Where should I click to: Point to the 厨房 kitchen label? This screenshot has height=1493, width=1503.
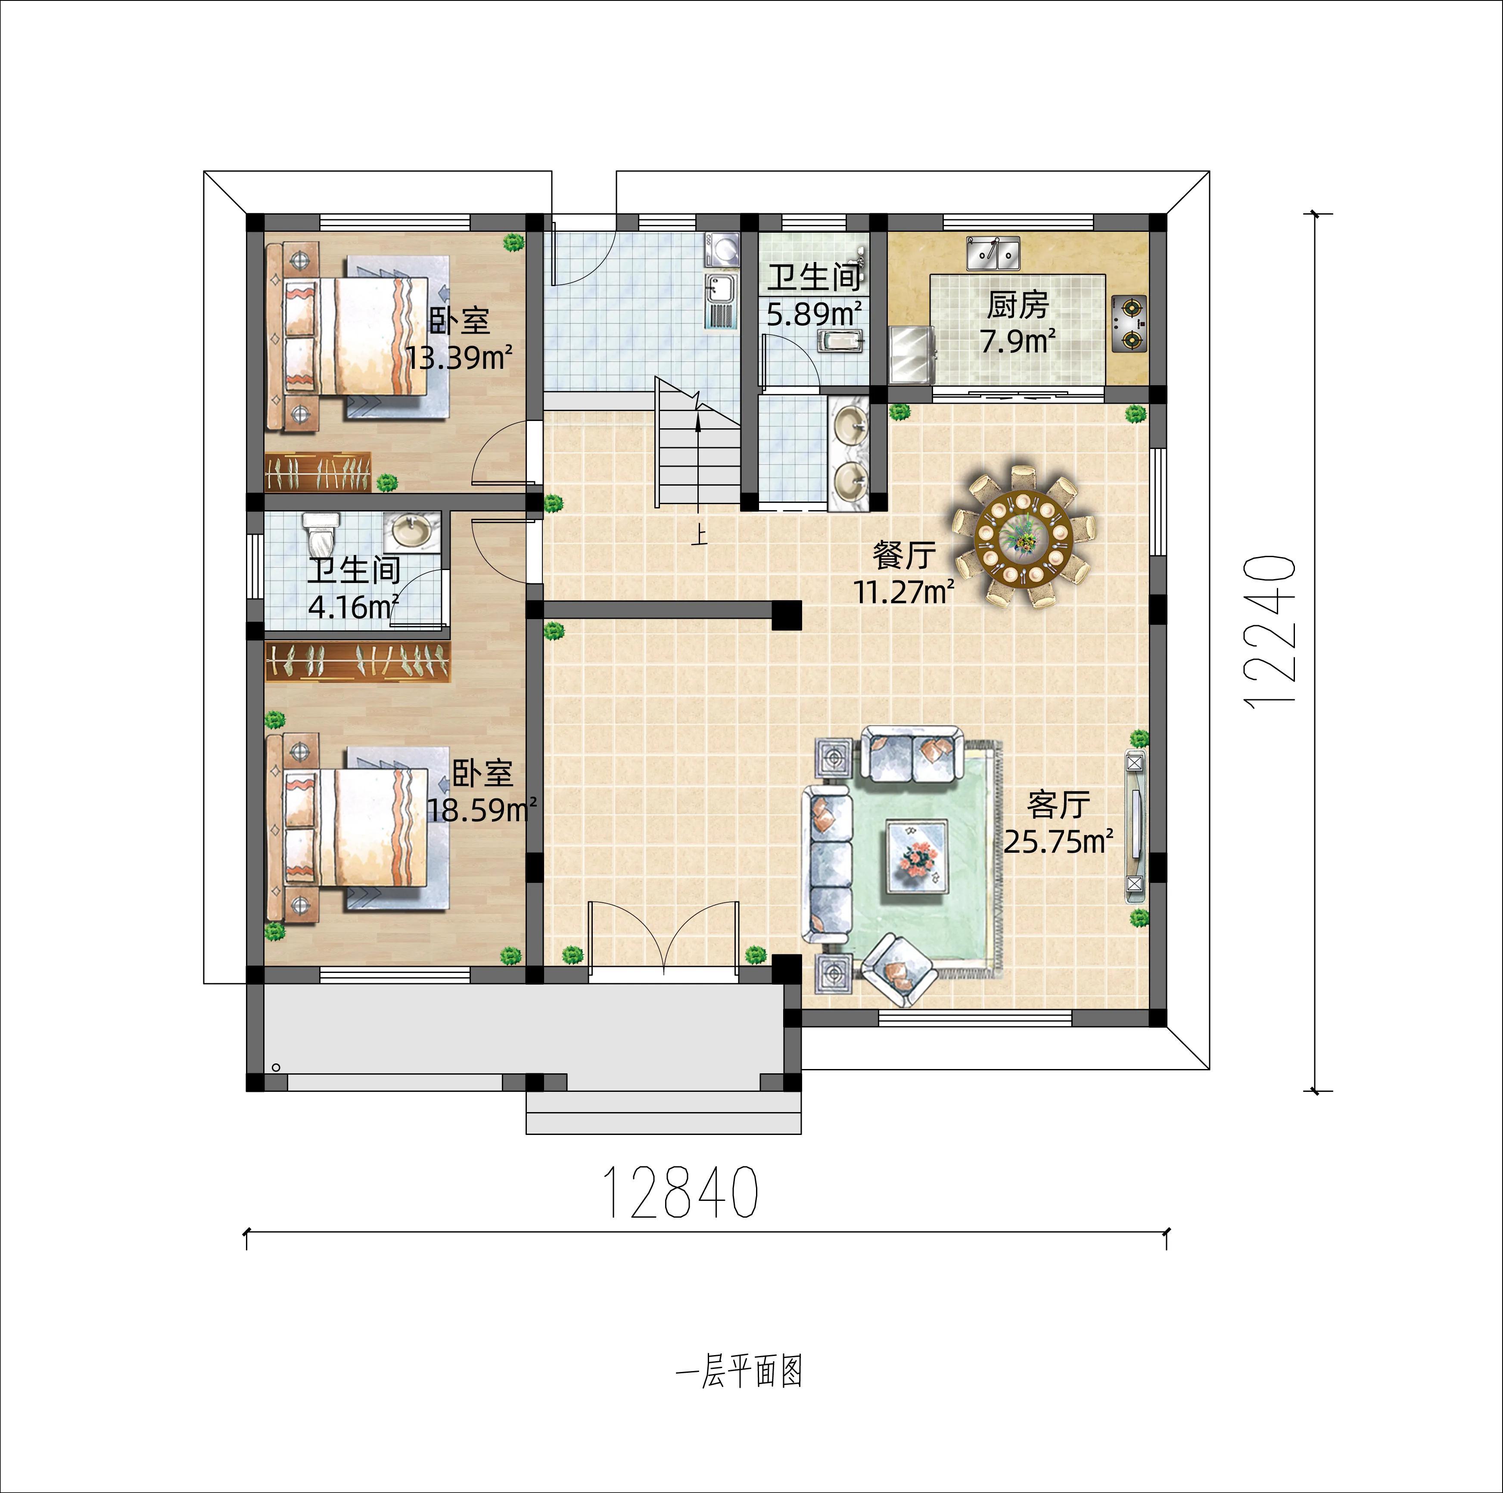click(1018, 305)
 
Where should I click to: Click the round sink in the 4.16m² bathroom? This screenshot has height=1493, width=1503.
click(411, 532)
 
